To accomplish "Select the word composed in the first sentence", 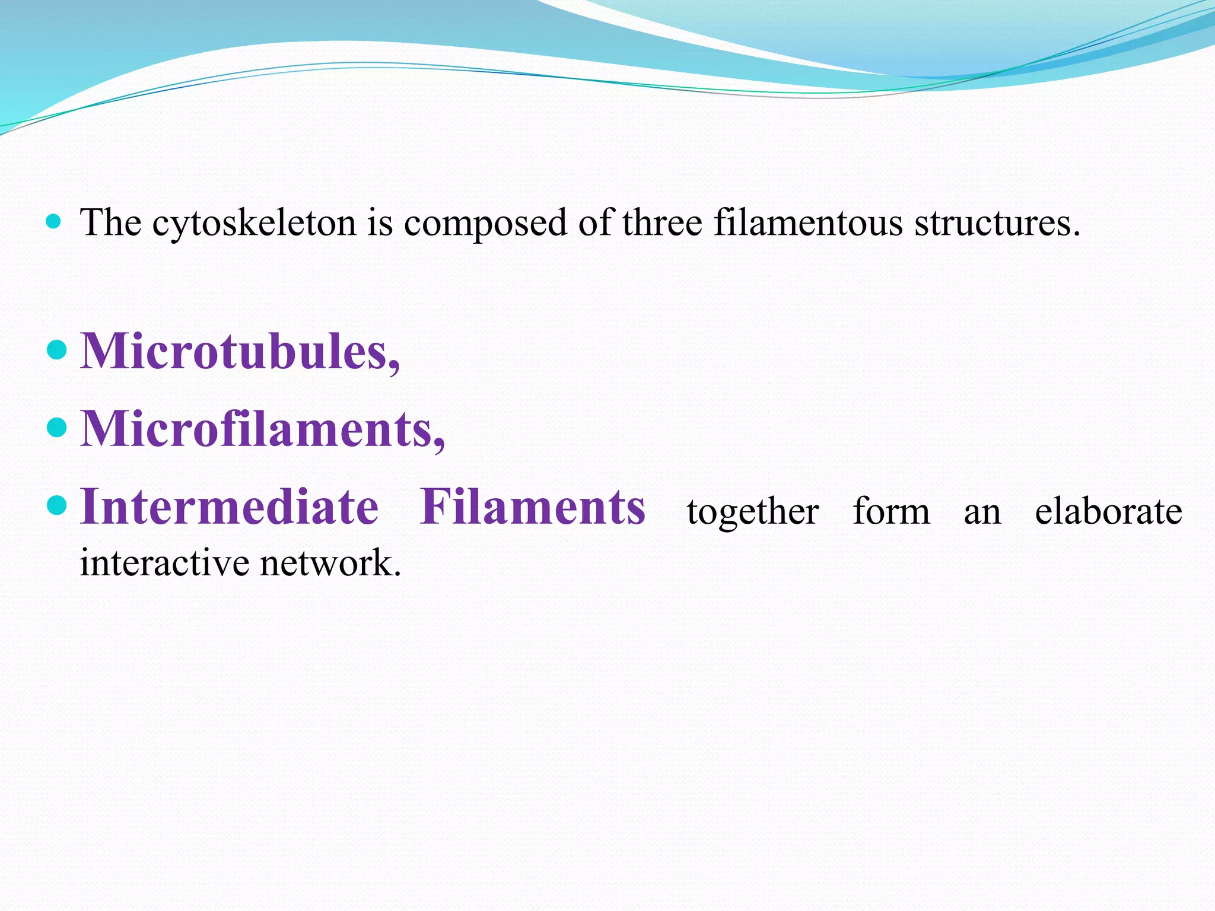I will (485, 224).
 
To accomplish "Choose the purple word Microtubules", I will (240, 351).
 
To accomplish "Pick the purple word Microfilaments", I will (262, 429).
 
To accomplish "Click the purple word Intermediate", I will (229, 507).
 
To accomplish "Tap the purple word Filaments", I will (532, 507).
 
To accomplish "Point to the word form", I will (891, 511).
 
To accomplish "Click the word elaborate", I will (1108, 511).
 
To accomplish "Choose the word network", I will (330, 562).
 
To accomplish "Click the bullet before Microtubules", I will (56, 349).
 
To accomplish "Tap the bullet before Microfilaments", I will (56, 427).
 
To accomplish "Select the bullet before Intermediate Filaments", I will (56, 505).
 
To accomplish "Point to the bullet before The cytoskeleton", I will (53, 222).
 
